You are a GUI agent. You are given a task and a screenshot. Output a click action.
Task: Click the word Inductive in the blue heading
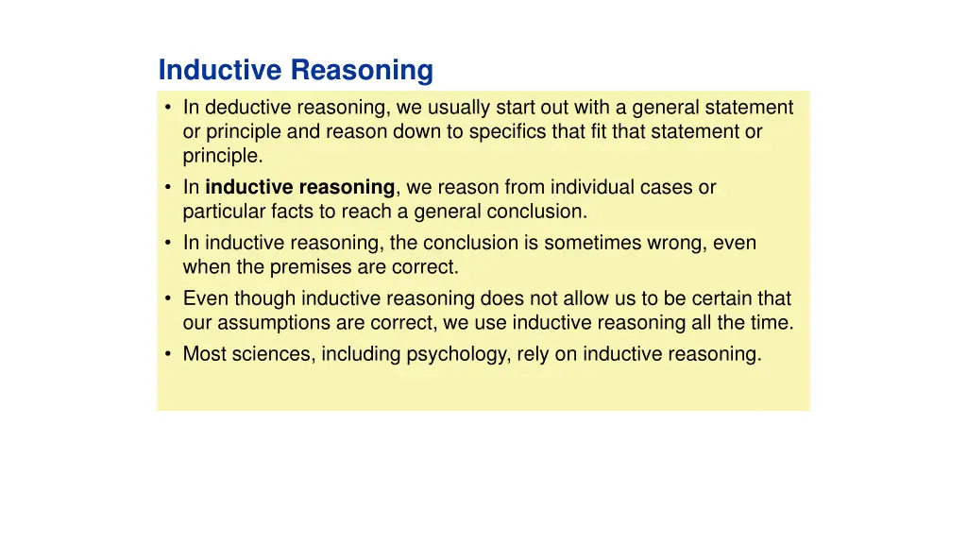point(221,71)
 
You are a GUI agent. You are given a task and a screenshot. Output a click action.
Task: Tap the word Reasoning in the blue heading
point(362,71)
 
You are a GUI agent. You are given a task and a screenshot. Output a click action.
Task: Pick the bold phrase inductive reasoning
point(299,188)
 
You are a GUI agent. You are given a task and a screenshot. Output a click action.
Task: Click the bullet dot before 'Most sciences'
point(167,355)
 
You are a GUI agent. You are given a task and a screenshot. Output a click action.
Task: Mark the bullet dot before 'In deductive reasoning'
point(167,108)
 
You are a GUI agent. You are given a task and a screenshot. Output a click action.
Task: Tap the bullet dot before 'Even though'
point(167,298)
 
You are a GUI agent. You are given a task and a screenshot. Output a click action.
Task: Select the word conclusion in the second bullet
point(534,212)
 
